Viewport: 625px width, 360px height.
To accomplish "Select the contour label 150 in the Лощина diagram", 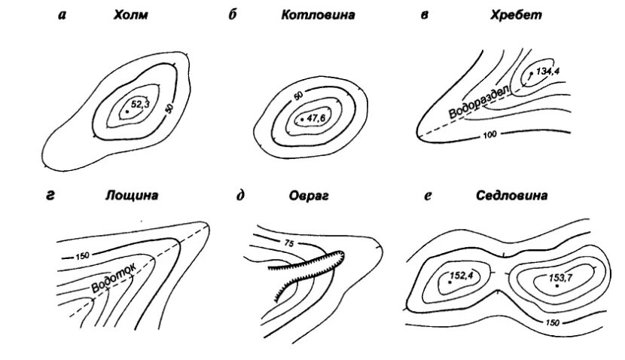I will tap(82, 256).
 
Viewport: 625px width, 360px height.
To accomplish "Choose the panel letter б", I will tap(233, 14).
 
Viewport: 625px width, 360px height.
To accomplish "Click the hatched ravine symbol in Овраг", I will tap(309, 273).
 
